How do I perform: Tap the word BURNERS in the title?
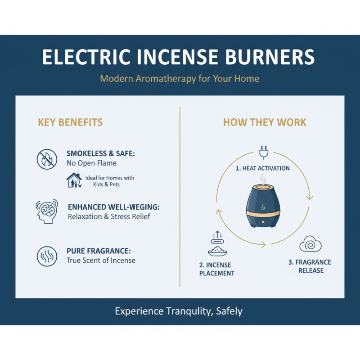click(270, 57)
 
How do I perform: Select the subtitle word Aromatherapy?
click(166, 78)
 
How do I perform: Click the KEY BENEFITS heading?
click(70, 122)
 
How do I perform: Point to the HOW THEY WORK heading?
click(265, 122)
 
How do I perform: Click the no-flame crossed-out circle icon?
click(47, 159)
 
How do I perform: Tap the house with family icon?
click(74, 180)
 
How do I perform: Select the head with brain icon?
click(47, 211)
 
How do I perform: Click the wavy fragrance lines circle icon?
click(47, 256)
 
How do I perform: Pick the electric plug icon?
click(264, 153)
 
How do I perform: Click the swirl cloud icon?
click(310, 244)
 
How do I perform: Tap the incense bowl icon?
click(217, 251)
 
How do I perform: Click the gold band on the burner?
click(263, 214)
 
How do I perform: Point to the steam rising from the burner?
click(263, 179)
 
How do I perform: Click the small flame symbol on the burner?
click(263, 207)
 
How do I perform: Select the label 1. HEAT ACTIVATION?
click(263, 168)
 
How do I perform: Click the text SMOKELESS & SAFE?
click(101, 153)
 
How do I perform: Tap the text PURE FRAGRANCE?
click(99, 251)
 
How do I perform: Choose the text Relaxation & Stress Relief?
click(109, 216)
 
